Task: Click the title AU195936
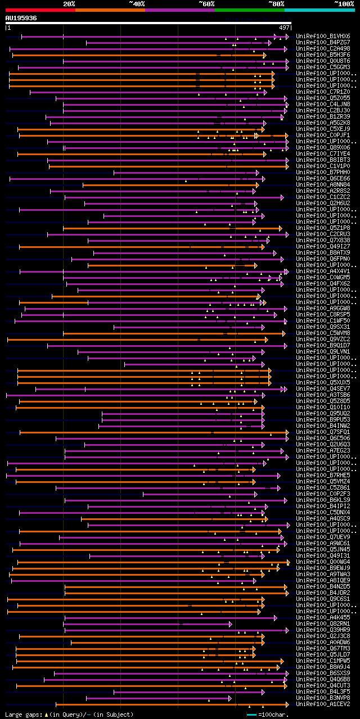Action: pyautogui.click(x=21, y=18)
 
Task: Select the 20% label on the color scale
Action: pyautogui.click(x=69, y=4)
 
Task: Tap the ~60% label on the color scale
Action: pyautogui.click(x=206, y=4)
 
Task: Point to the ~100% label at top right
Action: pyautogui.click(x=344, y=4)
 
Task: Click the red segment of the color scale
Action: pyautogui.click(x=39, y=10)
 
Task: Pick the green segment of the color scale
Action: pyautogui.click(x=249, y=10)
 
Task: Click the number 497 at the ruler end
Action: pyautogui.click(x=284, y=27)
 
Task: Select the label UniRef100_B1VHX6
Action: pyautogui.click(x=323, y=36)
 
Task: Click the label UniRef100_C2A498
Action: pyautogui.click(x=323, y=48)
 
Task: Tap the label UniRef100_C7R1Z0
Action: pyautogui.click(x=323, y=92)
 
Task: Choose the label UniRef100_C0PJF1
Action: pyautogui.click(x=323, y=135)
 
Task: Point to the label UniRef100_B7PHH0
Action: pyautogui.click(x=323, y=172)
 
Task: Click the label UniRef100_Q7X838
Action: pyautogui.click(x=323, y=241)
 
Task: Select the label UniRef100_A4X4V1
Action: pyautogui.click(x=323, y=272)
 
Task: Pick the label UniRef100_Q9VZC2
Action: pyautogui.click(x=323, y=340)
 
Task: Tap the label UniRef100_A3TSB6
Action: pyautogui.click(x=323, y=395)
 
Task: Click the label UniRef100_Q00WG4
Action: pyautogui.click(x=323, y=562)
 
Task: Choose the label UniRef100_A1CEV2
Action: pyautogui.click(x=323, y=704)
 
